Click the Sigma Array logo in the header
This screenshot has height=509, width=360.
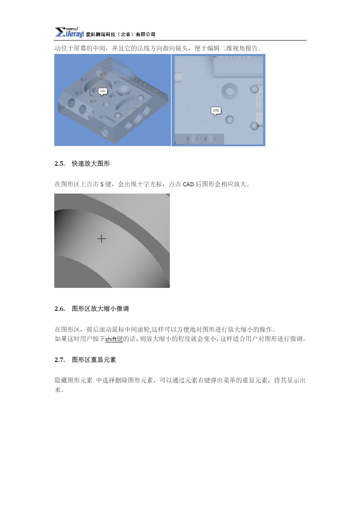[69, 33]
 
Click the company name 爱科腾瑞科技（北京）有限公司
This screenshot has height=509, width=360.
[121, 35]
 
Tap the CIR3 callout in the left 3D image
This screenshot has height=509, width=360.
[103, 92]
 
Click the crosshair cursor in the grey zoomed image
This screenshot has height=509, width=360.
[101, 239]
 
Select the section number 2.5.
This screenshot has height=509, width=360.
[60, 164]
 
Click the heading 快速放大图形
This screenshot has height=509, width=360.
[91, 164]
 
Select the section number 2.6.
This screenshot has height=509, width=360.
[60, 309]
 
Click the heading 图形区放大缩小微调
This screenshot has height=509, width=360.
[100, 309]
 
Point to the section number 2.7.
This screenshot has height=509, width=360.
[60, 360]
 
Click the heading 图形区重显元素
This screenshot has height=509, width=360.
[94, 360]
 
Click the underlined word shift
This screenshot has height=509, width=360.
[111, 339]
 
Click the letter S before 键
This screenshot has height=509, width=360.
[102, 184]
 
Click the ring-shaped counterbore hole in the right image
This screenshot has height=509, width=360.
[230, 91]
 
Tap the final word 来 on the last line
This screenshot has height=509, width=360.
[58, 390]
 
